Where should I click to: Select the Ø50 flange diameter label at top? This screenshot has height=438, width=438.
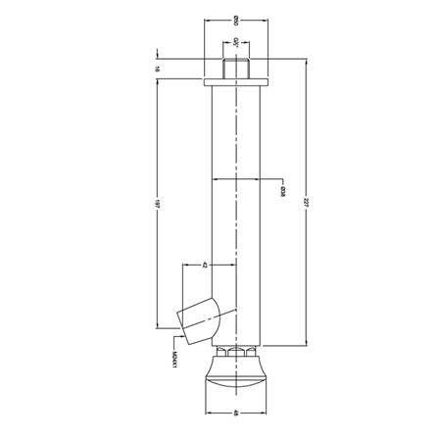pyautogui.click(x=236, y=21)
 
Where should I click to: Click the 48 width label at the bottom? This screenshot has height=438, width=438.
pyautogui.click(x=236, y=414)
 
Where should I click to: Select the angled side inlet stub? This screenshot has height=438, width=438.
pyautogui.click(x=201, y=319)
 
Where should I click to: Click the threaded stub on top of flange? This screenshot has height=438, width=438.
pyautogui.click(x=236, y=69)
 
